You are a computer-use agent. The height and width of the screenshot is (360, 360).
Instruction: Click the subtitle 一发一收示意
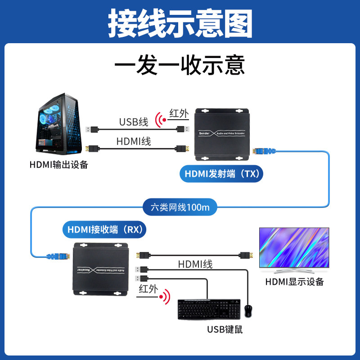(x=180, y=65)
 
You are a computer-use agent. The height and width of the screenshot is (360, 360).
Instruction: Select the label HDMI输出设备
(x=58, y=165)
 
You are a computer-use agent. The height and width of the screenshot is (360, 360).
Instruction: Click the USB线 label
(x=133, y=121)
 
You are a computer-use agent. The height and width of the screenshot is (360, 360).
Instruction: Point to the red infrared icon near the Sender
(x=160, y=120)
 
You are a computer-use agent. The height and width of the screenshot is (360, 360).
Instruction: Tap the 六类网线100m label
(x=180, y=207)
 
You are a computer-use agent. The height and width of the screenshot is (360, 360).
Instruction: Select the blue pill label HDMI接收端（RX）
(x=104, y=230)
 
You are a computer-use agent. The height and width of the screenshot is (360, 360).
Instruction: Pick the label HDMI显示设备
(x=295, y=282)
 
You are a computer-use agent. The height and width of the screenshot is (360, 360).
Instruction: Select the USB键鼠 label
(x=225, y=329)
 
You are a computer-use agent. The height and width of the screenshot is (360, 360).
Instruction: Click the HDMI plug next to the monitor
(x=244, y=255)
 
